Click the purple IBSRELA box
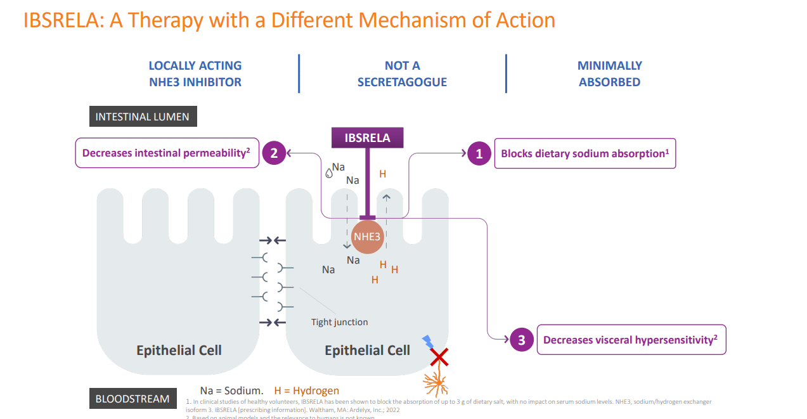tap(367, 138)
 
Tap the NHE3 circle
tap(368, 237)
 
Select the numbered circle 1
tap(479, 153)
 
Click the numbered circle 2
tap(274, 153)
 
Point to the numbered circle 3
tap(522, 340)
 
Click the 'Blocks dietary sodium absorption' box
tap(584, 153)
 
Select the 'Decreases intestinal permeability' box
tap(167, 153)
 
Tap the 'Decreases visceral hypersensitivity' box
tap(630, 340)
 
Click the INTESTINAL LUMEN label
tap(143, 117)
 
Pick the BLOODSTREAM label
tap(132, 399)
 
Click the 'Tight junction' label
tap(339, 322)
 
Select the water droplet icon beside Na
tap(328, 172)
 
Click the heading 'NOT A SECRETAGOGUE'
tap(402, 74)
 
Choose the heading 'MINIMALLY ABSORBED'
tap(609, 74)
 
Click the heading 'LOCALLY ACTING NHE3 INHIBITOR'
tap(195, 74)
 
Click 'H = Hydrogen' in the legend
tap(306, 390)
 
